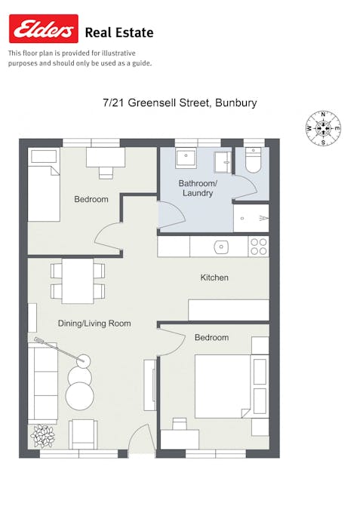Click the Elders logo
[x=43, y=29]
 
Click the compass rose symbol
[x=323, y=128]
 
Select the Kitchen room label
[x=214, y=277]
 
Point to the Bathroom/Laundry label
[x=197, y=188]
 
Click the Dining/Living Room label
[x=94, y=323]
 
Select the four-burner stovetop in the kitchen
[x=258, y=247]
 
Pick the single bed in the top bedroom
[x=44, y=185]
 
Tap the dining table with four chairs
[x=78, y=281]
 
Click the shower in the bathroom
[x=251, y=218]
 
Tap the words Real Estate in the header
[x=119, y=32]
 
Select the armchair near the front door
[x=83, y=434]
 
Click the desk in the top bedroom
[x=105, y=158]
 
